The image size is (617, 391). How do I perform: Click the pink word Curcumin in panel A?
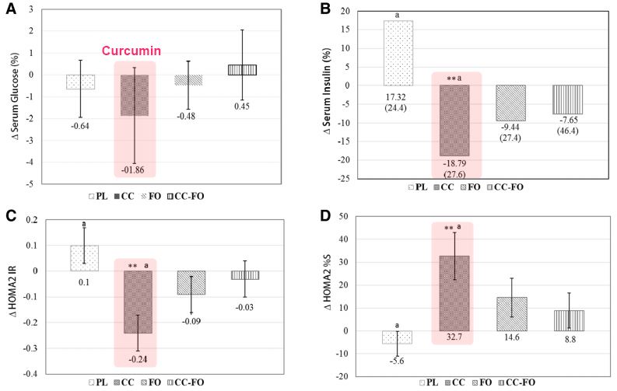(133, 51)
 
